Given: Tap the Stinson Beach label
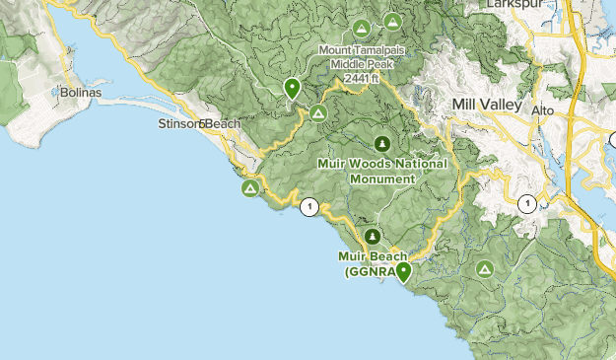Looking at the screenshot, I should coord(198,124).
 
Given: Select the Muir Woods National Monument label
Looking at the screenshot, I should coord(382,171).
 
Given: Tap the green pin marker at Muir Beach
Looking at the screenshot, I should coord(403,272).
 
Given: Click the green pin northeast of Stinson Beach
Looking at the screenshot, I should coord(292,89).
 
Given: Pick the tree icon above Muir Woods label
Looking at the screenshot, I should coord(382,143).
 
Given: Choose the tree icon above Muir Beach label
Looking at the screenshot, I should coord(373,237).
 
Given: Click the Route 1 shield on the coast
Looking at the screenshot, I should coord(310,206).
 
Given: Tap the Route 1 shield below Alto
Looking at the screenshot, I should coord(527,204).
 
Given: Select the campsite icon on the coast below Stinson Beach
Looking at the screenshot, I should coord(251,186).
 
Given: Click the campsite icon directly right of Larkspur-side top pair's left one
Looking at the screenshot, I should coord(393,21).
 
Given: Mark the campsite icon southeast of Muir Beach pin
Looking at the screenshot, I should coord(484,268).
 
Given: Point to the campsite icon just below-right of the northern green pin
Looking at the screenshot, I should coord(317,113).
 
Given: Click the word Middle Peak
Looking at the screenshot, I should coord(361,64).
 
